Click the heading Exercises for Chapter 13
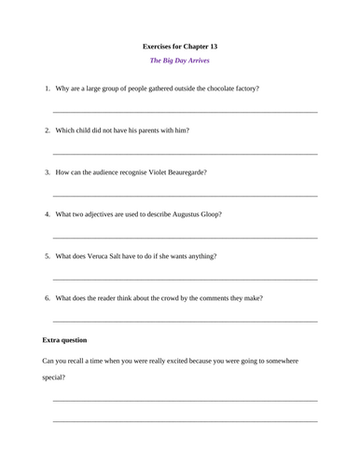click(x=179, y=46)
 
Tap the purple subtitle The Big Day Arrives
click(x=179, y=62)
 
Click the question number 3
click(x=47, y=172)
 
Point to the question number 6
click(x=47, y=298)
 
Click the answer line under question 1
click(x=185, y=112)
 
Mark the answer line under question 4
click(x=185, y=238)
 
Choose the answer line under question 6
click(x=185, y=322)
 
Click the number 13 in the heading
click(x=212, y=46)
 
